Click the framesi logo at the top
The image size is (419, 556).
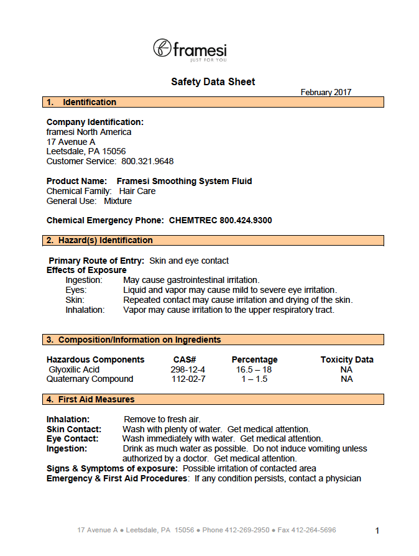pyautogui.click(x=190, y=49)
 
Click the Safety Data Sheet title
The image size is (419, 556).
pyautogui.click(x=213, y=81)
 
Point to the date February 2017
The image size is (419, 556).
pyautogui.click(x=326, y=92)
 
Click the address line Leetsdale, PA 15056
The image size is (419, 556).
pyautogui.click(x=86, y=151)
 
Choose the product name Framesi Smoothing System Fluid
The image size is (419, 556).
pyautogui.click(x=185, y=181)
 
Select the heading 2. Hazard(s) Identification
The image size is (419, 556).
pyautogui.click(x=99, y=240)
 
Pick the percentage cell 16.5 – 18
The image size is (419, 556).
pyautogui.click(x=254, y=369)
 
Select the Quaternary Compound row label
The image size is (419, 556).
pyautogui.click(x=90, y=379)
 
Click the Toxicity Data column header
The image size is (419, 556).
pyautogui.click(x=347, y=359)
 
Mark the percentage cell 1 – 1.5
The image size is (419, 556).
pyautogui.click(x=254, y=379)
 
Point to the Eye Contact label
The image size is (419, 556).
pyautogui.click(x=71, y=438)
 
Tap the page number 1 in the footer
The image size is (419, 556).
pyautogui.click(x=377, y=531)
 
